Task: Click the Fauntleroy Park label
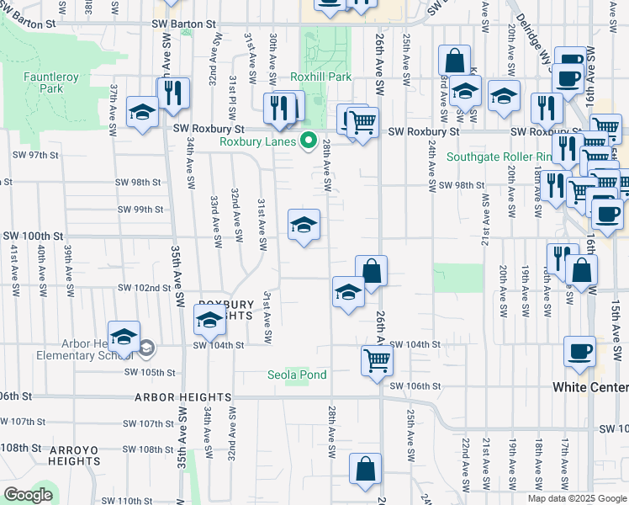[44, 82]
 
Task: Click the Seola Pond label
[297, 375]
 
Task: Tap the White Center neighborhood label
[590, 387]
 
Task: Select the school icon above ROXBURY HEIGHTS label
[210, 319]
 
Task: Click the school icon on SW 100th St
[304, 225]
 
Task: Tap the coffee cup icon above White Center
[579, 351]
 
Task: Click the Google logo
[28, 496]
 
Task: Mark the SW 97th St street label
[35, 156]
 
